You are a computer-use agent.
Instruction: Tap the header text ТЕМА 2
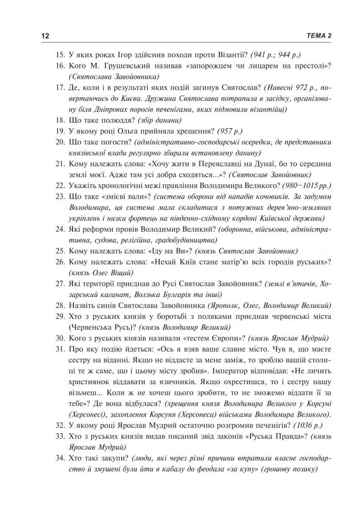[317, 35]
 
